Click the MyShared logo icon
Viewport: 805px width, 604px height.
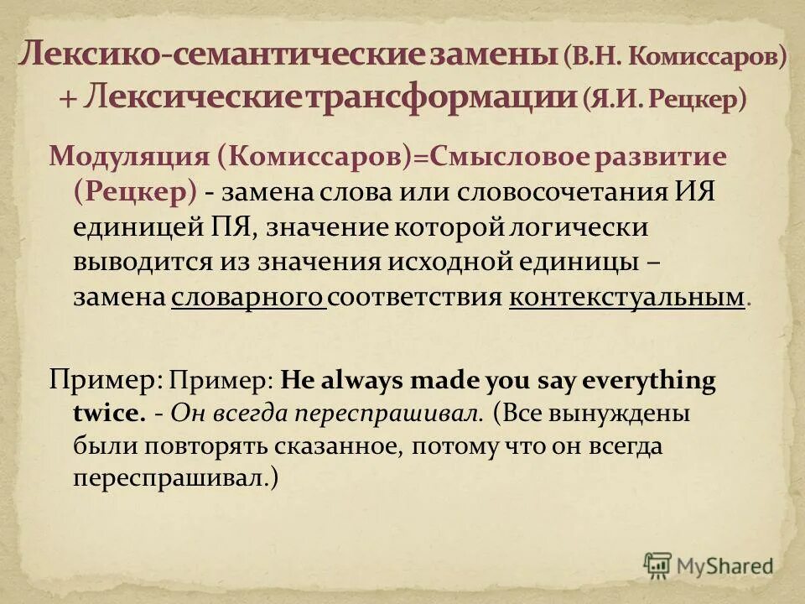658,565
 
